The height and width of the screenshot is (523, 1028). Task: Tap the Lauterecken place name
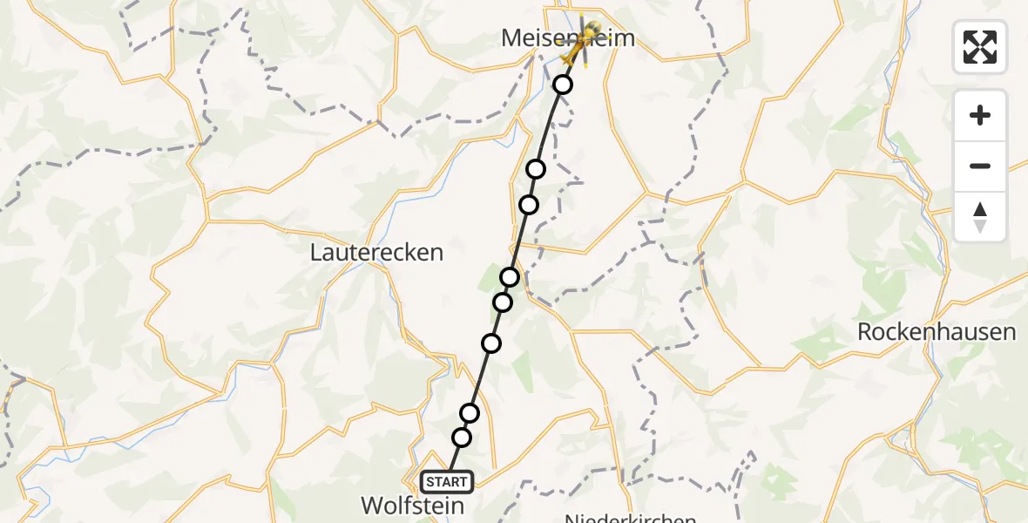(x=376, y=253)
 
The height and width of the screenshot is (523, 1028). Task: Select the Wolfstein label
(x=413, y=505)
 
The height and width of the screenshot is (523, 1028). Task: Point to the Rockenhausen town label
(x=936, y=332)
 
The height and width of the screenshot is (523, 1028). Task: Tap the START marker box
(x=447, y=481)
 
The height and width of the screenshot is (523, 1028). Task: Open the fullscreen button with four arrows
(x=980, y=47)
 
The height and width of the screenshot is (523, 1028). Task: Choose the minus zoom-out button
(x=980, y=166)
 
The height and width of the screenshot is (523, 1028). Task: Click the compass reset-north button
(x=980, y=216)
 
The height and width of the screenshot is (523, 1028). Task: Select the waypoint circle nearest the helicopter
(x=563, y=85)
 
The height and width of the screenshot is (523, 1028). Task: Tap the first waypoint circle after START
(x=462, y=437)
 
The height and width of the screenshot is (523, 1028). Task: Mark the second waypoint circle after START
(x=470, y=412)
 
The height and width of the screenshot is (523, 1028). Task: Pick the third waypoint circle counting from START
(x=491, y=343)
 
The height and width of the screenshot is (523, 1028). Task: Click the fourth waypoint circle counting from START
(x=503, y=302)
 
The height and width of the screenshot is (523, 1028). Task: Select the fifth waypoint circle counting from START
(x=510, y=277)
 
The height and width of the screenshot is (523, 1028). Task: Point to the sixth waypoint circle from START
(x=529, y=205)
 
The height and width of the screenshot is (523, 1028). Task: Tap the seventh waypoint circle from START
(x=536, y=168)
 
